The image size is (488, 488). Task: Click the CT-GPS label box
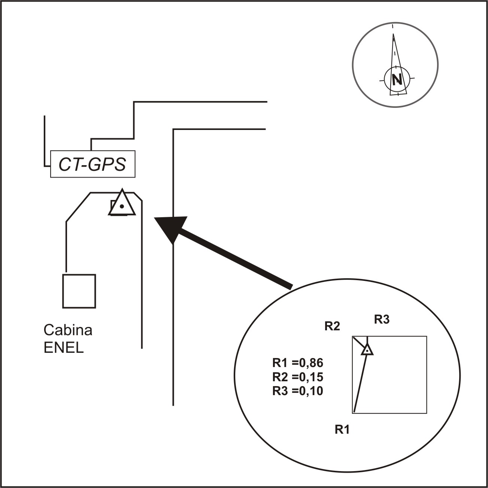pyautogui.click(x=93, y=164)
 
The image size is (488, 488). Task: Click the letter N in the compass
pyautogui.click(x=397, y=79)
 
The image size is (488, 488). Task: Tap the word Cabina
pyautogui.click(x=68, y=330)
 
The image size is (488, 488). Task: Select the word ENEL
pyautogui.click(x=64, y=348)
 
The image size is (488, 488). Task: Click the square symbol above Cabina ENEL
pyautogui.click(x=79, y=291)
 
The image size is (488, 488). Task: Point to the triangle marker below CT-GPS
pyautogui.click(x=122, y=204)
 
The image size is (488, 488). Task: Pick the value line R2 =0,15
pyautogui.click(x=297, y=377)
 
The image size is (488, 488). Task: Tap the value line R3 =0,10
pyautogui.click(x=297, y=391)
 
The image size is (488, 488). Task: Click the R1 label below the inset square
pyautogui.click(x=342, y=430)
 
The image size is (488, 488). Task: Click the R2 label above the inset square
pyautogui.click(x=332, y=326)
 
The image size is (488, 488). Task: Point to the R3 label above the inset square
pyautogui.click(x=382, y=319)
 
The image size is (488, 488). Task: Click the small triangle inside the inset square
pyautogui.click(x=367, y=350)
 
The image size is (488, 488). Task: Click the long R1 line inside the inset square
pyautogui.click(x=360, y=384)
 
